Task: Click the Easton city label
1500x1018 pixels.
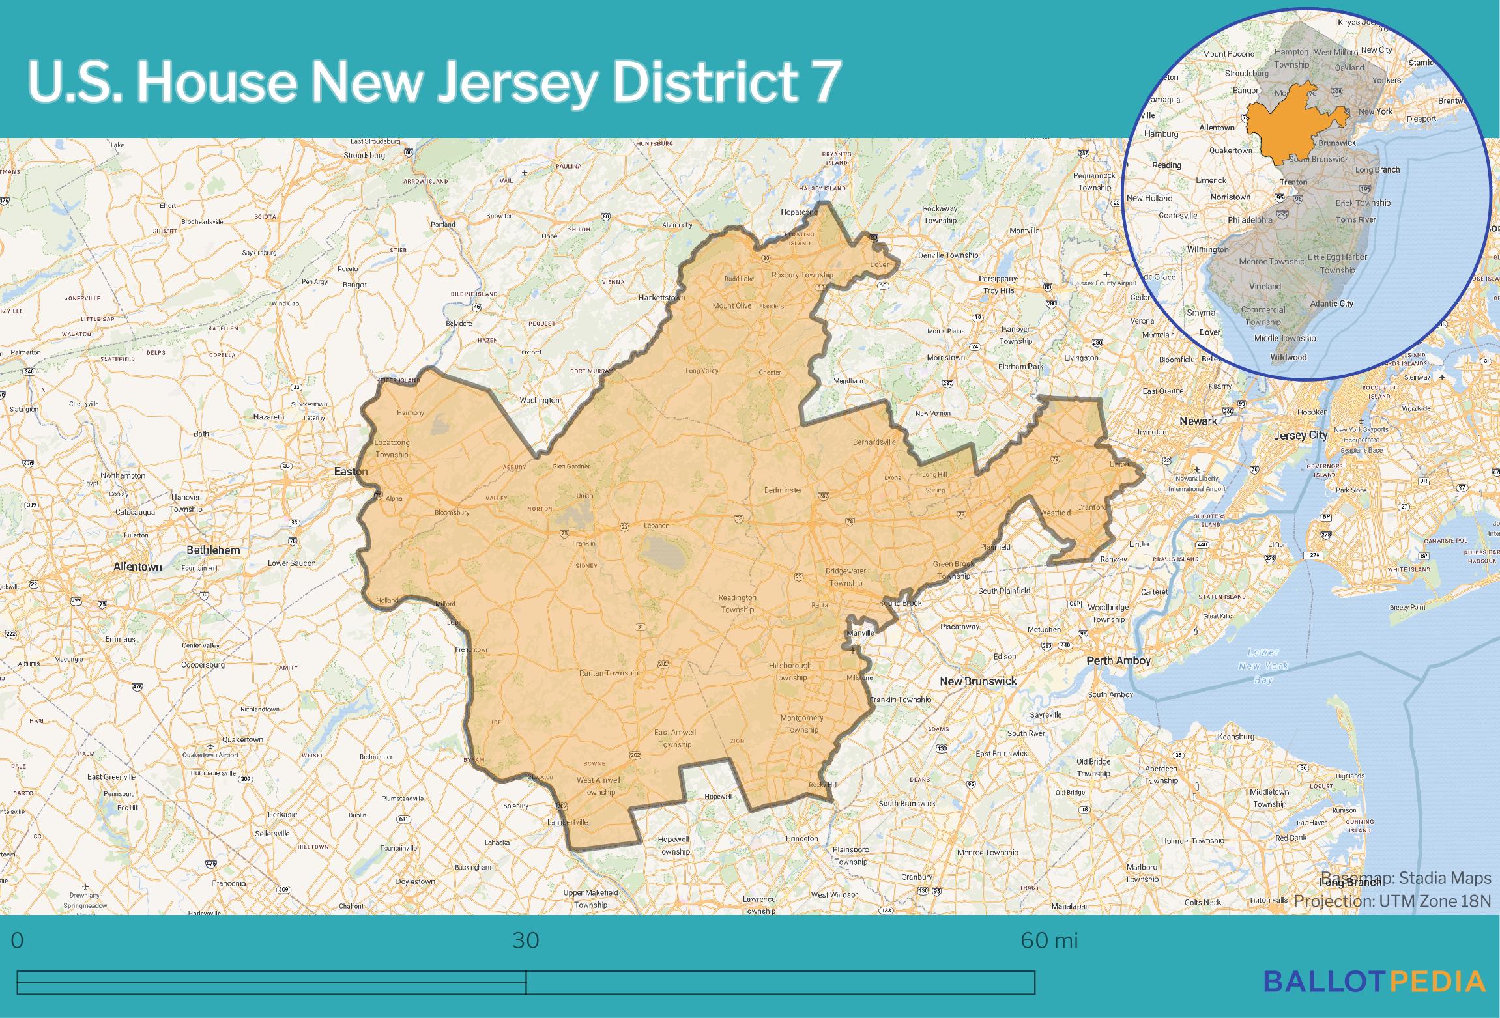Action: [351, 472]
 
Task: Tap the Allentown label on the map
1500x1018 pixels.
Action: [137, 567]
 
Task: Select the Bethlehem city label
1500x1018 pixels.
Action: [213, 550]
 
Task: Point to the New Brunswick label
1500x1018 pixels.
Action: [978, 681]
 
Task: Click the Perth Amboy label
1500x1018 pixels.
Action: [1118, 660]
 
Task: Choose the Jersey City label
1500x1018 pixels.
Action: [1300, 435]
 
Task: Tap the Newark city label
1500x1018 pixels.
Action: [1198, 421]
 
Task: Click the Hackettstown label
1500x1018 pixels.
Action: [663, 298]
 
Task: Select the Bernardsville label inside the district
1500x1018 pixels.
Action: [874, 442]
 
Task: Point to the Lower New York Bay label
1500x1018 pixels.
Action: [1263, 666]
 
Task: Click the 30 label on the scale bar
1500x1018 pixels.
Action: [525, 940]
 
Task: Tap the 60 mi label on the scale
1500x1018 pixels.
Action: [1049, 940]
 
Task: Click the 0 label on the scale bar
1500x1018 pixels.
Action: [18, 940]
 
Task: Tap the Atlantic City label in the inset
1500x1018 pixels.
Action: [1331, 304]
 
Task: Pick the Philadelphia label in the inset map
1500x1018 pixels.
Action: [1250, 220]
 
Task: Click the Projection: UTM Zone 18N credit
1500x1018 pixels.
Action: [1392, 901]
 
